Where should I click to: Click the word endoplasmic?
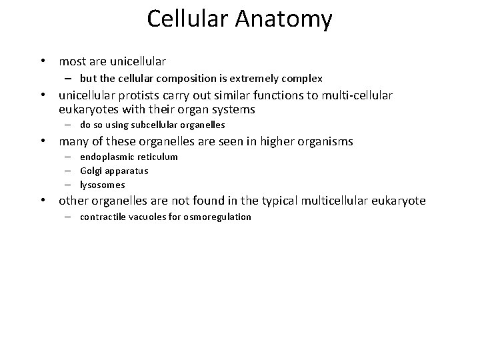107,157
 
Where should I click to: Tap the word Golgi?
90,171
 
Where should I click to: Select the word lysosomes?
102,185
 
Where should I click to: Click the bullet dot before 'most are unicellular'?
43,61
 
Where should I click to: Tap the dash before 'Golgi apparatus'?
68,171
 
